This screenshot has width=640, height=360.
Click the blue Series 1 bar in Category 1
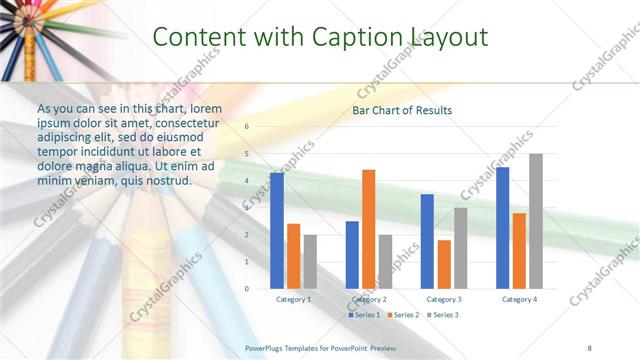pyautogui.click(x=276, y=231)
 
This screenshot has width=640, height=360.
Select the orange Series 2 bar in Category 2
pyautogui.click(x=368, y=229)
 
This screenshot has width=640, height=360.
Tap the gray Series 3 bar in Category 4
pyautogui.click(x=536, y=221)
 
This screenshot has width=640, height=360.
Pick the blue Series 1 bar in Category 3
pyautogui.click(x=427, y=241)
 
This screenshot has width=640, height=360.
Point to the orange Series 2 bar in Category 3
pyautogui.click(x=444, y=264)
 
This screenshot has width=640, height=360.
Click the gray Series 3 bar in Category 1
pyautogui.click(x=310, y=262)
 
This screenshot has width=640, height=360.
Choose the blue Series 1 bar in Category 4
pyautogui.click(x=502, y=228)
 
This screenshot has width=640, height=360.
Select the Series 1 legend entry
pyautogui.click(x=365, y=315)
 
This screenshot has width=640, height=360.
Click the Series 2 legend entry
pyautogui.click(x=403, y=315)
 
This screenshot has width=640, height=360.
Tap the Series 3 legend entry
pyautogui.click(x=442, y=315)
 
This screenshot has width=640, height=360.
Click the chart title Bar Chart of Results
pyautogui.click(x=402, y=110)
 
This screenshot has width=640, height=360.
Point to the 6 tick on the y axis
pyautogui.click(x=247, y=127)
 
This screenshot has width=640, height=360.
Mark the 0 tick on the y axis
pyautogui.click(x=247, y=289)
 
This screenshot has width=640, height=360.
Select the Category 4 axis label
pyautogui.click(x=519, y=299)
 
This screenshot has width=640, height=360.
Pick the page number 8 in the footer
pyautogui.click(x=589, y=347)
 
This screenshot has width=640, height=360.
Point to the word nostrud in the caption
pyautogui.click(x=166, y=180)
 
